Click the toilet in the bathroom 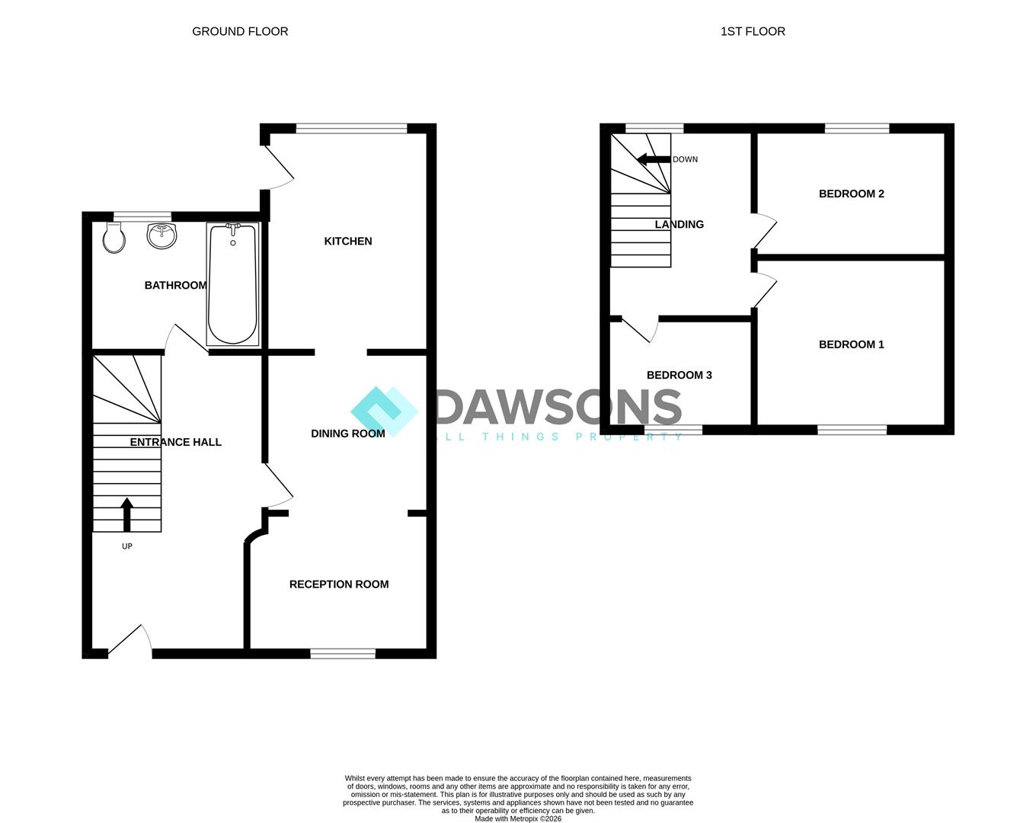point(114,238)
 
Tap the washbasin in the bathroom point(161,236)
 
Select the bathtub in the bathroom point(233,284)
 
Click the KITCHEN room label point(348,242)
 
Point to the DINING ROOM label point(348,434)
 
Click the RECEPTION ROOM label point(339,584)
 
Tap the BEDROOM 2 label point(851,194)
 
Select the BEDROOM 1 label point(851,344)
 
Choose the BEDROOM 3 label point(679,375)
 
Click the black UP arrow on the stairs point(127,514)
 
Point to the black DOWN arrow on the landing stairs point(654,159)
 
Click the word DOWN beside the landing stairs point(685,159)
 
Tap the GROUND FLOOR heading point(240,31)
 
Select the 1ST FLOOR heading point(753,31)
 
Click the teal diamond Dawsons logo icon point(384,411)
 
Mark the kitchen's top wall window point(351,128)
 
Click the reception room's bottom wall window point(343,654)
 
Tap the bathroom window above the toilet point(142,216)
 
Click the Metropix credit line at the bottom point(518,818)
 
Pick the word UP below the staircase point(127,546)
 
